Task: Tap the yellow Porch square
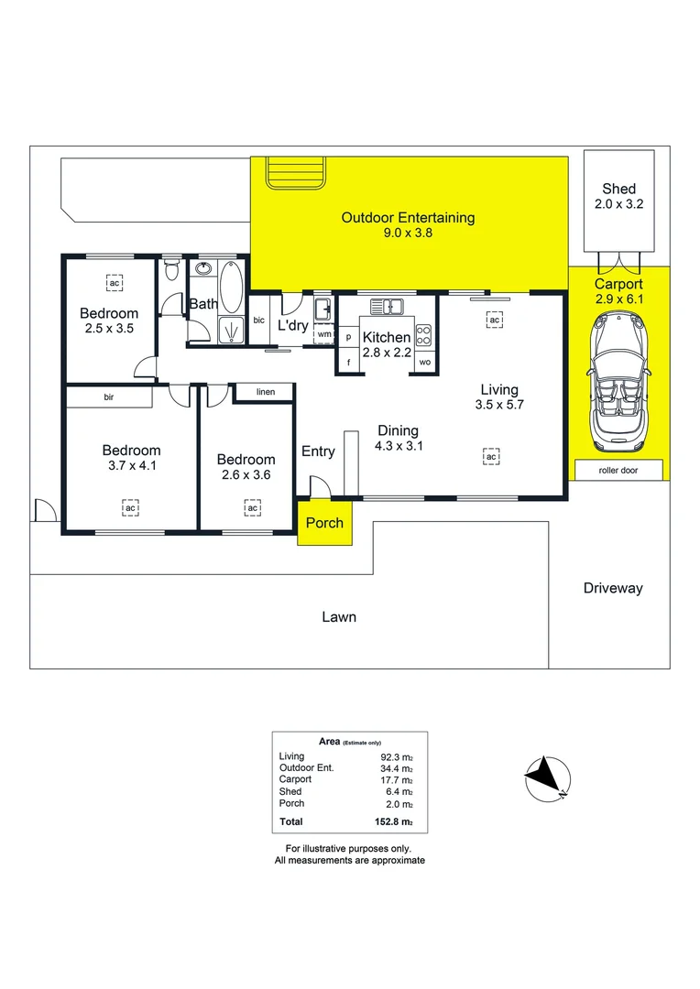point(324,523)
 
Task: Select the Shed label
point(618,189)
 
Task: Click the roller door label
point(618,471)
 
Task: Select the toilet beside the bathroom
point(170,272)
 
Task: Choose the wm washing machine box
point(323,335)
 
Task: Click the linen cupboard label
point(265,392)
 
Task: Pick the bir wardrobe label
point(108,397)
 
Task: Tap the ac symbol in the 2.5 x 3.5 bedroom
point(115,283)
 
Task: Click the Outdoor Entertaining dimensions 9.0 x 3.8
point(408,234)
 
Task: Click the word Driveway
point(613,588)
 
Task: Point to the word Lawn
point(339,616)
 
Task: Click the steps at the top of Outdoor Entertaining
point(295,171)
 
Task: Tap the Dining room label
point(398,430)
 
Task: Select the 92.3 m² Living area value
point(398,756)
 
